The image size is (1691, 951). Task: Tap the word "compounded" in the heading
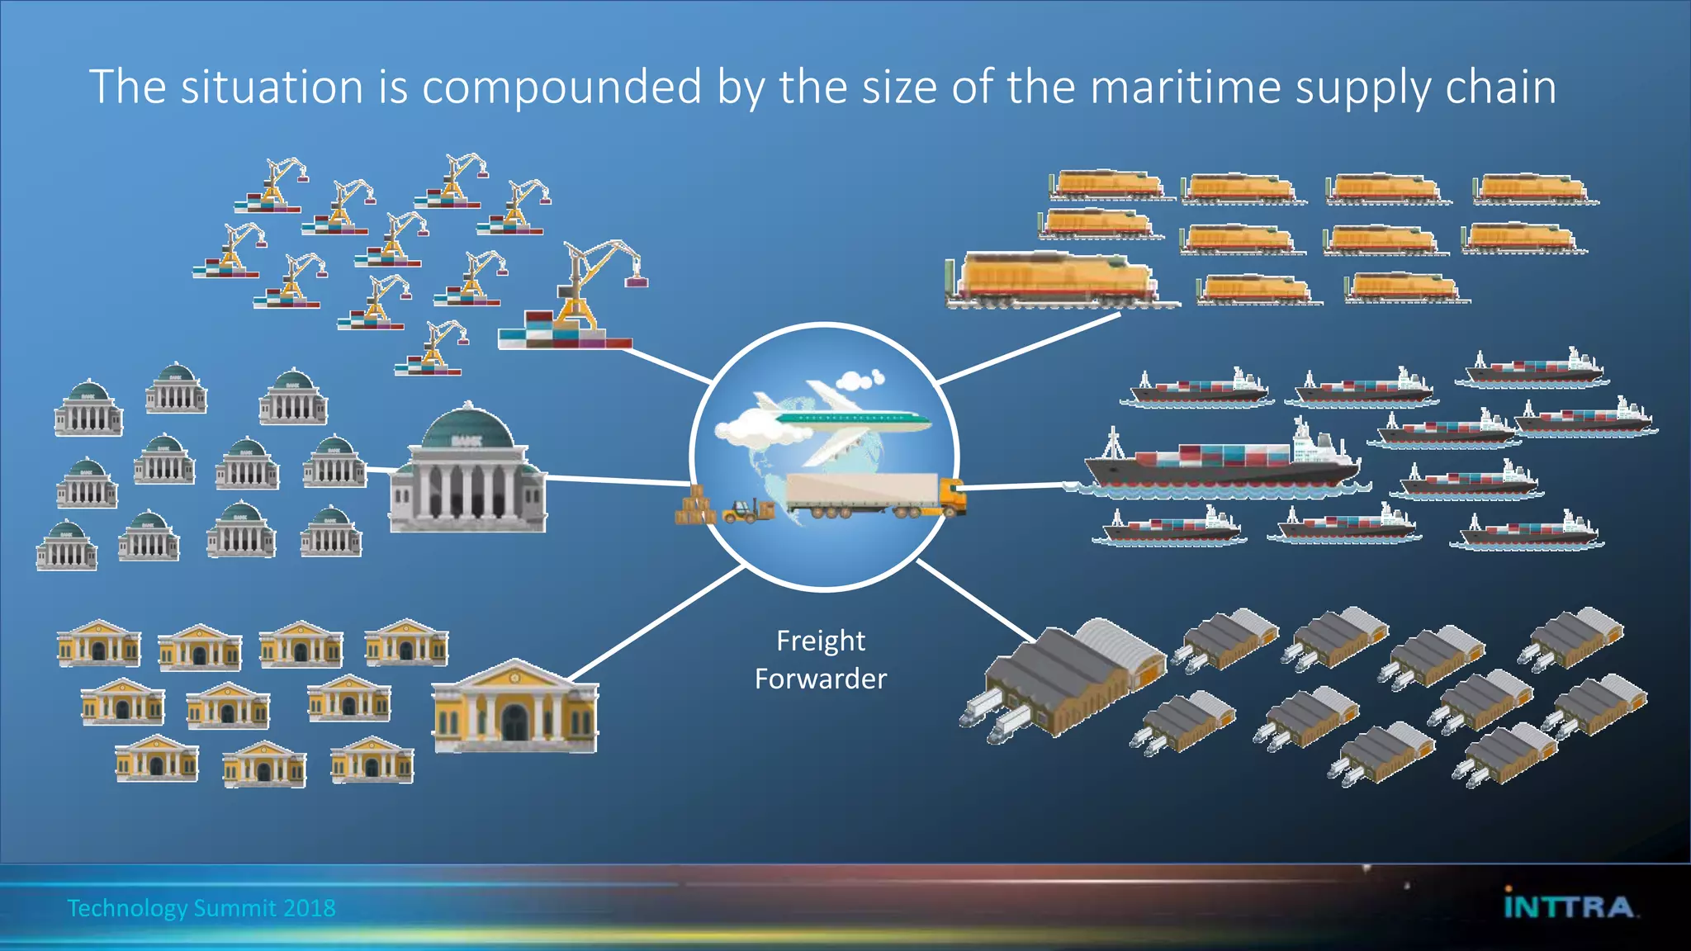pyautogui.click(x=562, y=87)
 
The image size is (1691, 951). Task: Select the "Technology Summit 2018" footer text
pyautogui.click(x=201, y=908)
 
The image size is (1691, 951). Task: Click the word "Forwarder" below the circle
pyautogui.click(x=820, y=679)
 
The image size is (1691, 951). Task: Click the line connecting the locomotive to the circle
pyautogui.click(x=1029, y=348)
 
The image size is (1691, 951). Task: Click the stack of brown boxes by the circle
pyautogui.click(x=694, y=507)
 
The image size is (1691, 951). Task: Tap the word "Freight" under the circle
pyautogui.click(x=820, y=641)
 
